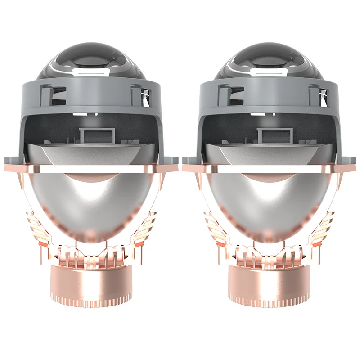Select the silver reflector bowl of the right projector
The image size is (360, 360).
coord(269,202)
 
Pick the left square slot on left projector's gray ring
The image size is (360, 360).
coord(46,94)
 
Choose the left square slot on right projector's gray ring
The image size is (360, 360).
coord(224,94)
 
